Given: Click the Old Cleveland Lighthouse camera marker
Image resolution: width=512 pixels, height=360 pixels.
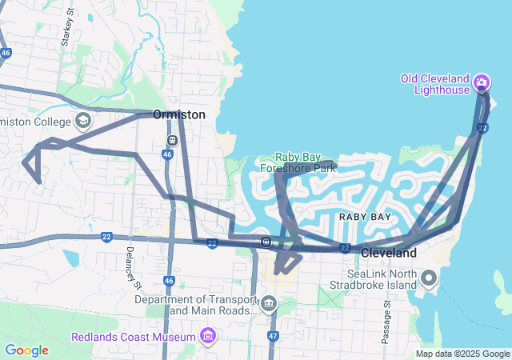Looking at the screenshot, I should pyautogui.click(x=482, y=82).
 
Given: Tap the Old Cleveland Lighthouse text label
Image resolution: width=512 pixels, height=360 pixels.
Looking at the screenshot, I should pyautogui.click(x=435, y=84).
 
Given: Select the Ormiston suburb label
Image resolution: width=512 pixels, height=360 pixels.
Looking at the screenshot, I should pyautogui.click(x=178, y=115).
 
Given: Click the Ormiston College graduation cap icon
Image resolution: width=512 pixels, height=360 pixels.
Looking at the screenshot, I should pyautogui.click(x=83, y=122).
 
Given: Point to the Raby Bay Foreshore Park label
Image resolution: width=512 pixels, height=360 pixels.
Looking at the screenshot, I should pyautogui.click(x=306, y=162).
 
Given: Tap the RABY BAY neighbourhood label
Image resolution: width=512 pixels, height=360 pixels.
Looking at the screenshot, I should pyautogui.click(x=365, y=217).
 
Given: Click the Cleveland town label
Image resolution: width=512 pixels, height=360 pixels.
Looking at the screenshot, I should pyautogui.click(x=389, y=253).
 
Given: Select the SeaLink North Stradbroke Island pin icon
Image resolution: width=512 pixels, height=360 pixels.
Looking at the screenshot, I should pyautogui.click(x=429, y=278).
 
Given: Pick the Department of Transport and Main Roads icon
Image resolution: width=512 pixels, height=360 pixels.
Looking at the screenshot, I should pyautogui.click(x=268, y=304).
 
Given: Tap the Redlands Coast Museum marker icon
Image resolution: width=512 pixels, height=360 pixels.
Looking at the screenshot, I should pyautogui.click(x=209, y=335).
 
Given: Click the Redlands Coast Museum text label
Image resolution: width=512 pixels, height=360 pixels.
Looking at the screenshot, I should pyautogui.click(x=134, y=336).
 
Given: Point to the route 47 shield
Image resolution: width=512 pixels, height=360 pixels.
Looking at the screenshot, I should pyautogui.click(x=272, y=336).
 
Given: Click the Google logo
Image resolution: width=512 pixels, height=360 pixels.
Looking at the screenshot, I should pyautogui.click(x=26, y=350).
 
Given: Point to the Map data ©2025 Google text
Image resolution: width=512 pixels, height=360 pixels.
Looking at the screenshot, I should pyautogui.click(x=462, y=354).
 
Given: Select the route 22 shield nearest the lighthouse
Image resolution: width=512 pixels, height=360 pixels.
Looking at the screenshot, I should pyautogui.click(x=482, y=128).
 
